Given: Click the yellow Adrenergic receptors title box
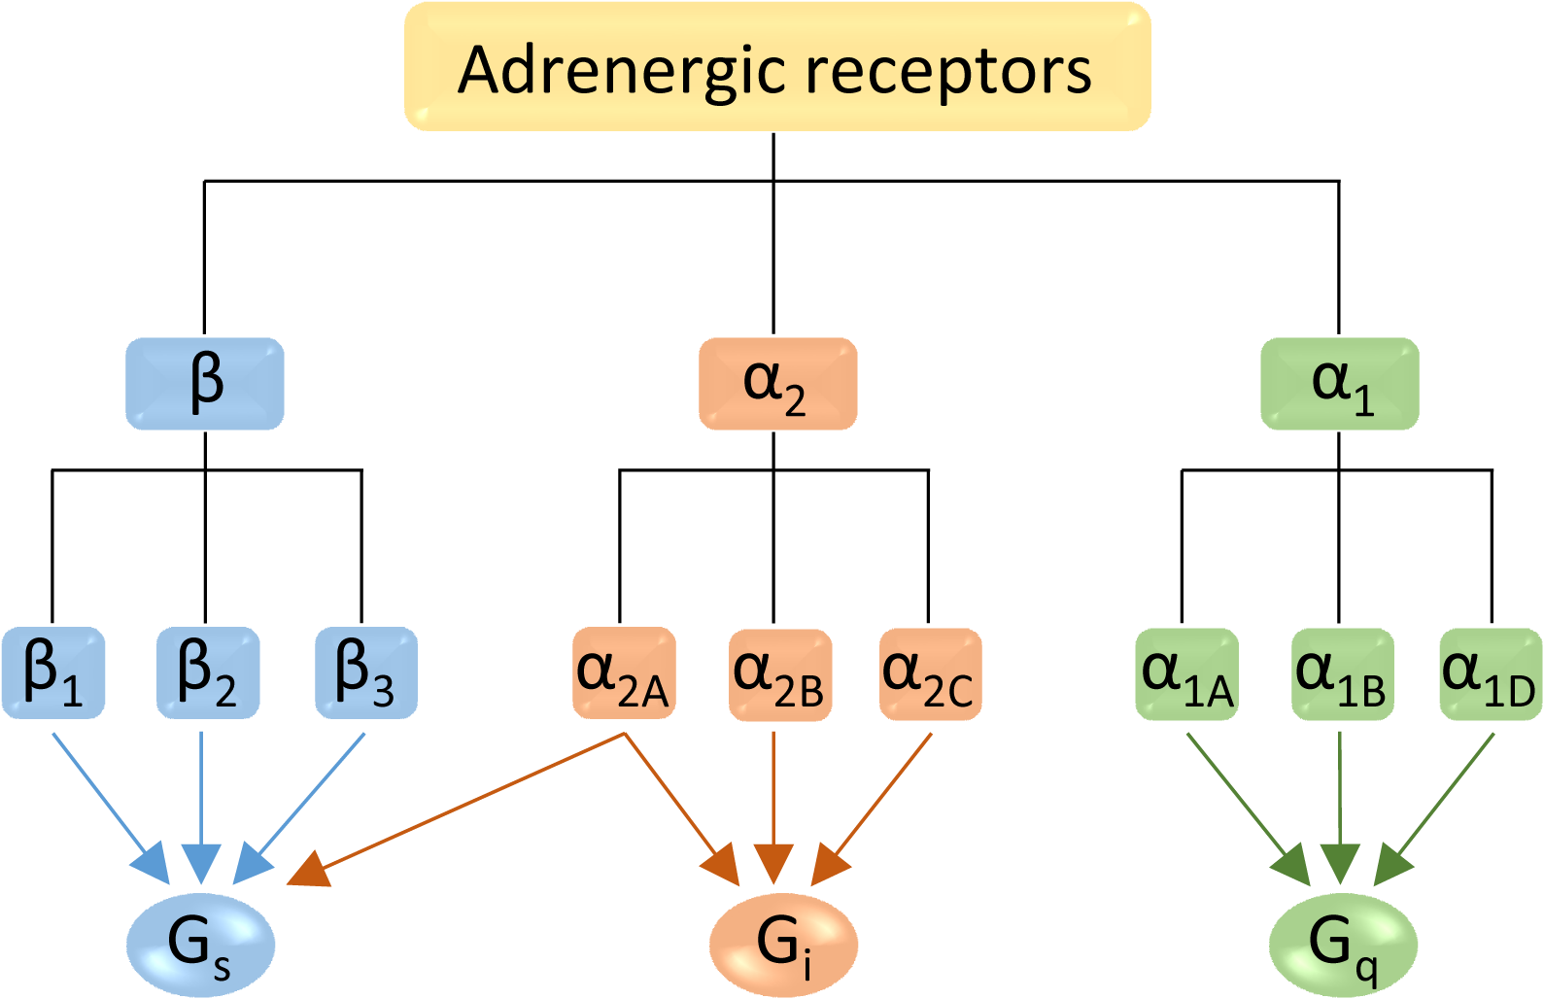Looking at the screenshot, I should pyautogui.click(x=777, y=67).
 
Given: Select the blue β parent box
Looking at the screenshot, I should pyautogui.click(x=205, y=384).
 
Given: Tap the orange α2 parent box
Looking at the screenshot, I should pyautogui.click(x=777, y=384).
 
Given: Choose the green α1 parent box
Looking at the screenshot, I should pyautogui.click(x=1339, y=384).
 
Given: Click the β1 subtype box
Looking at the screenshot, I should pyautogui.click(x=53, y=672).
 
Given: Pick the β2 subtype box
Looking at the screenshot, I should pyautogui.click(x=208, y=672).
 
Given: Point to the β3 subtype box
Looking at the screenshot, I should pyautogui.click(x=365, y=672).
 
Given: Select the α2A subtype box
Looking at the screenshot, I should pyautogui.click(x=624, y=673).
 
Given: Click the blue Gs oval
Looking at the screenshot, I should pyautogui.click(x=201, y=944).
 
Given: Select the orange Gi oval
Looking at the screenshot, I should pyautogui.click(x=783, y=944).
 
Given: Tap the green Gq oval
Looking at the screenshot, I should pyautogui.click(x=1343, y=944).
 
